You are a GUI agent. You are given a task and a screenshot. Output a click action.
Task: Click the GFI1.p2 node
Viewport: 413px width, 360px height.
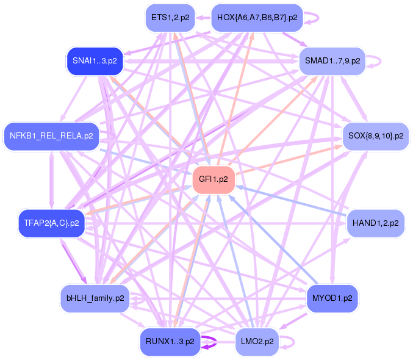(214, 179)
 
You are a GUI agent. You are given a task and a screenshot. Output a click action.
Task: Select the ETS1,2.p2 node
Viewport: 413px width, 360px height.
(170, 18)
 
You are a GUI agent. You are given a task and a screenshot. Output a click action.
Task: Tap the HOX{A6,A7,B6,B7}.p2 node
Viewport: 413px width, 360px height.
(257, 18)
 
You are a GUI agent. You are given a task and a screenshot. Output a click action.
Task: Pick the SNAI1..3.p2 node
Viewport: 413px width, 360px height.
(95, 61)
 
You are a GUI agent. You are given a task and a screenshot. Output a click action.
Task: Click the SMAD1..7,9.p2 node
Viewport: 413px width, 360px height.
(332, 61)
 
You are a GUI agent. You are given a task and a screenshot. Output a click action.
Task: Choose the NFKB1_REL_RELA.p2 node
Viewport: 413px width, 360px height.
(51, 136)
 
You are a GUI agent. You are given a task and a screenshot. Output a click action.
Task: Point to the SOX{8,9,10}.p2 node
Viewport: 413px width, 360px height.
(376, 136)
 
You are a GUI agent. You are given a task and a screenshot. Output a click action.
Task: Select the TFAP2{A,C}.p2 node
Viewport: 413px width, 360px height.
(52, 223)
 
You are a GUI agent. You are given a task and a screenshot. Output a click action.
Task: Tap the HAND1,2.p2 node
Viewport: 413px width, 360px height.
(376, 223)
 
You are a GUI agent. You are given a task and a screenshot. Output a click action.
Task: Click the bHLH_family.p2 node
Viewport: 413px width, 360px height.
(95, 298)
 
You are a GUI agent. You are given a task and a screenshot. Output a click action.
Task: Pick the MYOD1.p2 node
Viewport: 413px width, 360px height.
(332, 298)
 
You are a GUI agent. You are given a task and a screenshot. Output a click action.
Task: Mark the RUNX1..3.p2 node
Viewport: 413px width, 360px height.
(170, 342)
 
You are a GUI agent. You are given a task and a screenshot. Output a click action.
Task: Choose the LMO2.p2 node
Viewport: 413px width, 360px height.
(257, 342)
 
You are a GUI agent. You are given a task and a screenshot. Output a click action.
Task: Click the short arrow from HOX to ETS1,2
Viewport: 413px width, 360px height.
(203, 18)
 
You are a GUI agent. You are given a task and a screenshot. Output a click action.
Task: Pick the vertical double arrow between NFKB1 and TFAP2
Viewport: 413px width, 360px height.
(51, 180)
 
